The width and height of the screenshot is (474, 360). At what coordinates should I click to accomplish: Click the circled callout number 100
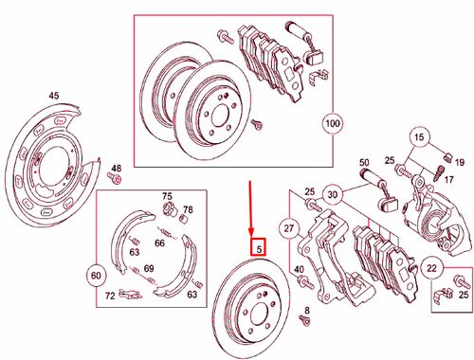click(x=333, y=123)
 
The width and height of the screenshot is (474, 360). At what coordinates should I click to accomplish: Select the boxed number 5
click(x=258, y=247)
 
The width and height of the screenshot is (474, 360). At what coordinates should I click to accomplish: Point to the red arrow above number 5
click(x=250, y=208)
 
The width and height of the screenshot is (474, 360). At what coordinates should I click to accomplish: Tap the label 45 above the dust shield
click(x=54, y=96)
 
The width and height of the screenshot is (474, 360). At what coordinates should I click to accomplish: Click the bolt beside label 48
click(x=115, y=179)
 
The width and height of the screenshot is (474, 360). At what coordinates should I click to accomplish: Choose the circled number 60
click(x=96, y=276)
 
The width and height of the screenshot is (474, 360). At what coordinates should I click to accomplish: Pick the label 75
click(x=167, y=196)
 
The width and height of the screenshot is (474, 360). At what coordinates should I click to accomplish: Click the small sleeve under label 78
click(x=184, y=218)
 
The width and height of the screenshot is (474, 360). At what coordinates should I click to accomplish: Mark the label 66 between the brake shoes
click(x=159, y=243)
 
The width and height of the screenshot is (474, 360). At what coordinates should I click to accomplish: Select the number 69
click(x=149, y=268)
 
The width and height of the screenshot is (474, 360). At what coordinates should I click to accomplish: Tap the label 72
click(x=110, y=296)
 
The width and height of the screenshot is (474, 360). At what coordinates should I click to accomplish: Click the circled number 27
click(x=288, y=227)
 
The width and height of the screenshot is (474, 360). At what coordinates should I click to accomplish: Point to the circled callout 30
click(x=332, y=194)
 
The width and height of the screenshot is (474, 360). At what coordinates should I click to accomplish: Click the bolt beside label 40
click(x=306, y=282)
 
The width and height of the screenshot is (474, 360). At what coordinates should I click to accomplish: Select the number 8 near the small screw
click(x=307, y=311)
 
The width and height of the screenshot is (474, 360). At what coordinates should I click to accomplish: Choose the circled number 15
click(x=419, y=137)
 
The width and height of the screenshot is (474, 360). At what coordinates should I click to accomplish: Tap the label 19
click(x=460, y=162)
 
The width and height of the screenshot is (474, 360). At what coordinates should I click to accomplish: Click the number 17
click(x=449, y=180)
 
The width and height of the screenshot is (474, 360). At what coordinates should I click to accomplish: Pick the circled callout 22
click(x=431, y=268)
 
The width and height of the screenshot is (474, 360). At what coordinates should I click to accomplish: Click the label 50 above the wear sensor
click(x=364, y=162)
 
